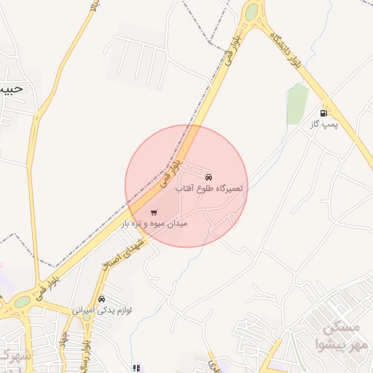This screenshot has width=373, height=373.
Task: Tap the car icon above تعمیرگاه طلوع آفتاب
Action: tap(209, 177)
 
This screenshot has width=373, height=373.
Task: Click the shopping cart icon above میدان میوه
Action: tap(153, 213)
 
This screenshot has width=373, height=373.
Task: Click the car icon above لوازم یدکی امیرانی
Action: tap(101, 299)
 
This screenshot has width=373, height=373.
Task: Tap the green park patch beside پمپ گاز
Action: tap(297, 104)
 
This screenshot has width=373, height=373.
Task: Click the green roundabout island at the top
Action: tap(251, 12)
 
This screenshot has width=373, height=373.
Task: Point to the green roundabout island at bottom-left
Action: tap(23, 302)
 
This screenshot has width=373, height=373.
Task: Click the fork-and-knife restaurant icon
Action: tap(136, 368)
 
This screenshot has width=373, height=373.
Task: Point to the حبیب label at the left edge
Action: tap(13, 90)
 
